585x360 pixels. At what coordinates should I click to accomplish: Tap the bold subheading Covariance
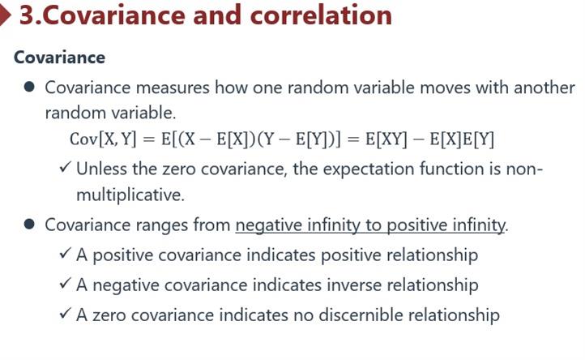click(x=59, y=58)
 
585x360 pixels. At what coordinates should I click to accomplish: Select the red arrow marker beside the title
click(x=5, y=15)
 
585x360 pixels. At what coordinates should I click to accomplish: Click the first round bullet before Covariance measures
click(x=29, y=88)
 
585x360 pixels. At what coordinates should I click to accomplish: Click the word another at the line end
click(x=544, y=88)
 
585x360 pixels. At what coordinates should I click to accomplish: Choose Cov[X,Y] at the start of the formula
click(x=103, y=139)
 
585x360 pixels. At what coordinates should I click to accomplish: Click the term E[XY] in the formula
click(x=386, y=139)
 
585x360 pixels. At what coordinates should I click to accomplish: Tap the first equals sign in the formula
click(x=148, y=139)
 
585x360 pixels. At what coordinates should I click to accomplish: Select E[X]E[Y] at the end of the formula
click(x=462, y=139)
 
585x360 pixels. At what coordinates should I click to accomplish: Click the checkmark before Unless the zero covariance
click(x=65, y=167)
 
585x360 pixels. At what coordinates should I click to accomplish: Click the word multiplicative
click(x=130, y=195)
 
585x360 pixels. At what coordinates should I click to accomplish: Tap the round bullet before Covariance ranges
click(x=29, y=225)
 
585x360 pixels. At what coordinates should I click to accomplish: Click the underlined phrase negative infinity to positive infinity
click(x=370, y=225)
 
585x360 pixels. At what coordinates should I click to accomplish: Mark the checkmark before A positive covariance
click(x=65, y=254)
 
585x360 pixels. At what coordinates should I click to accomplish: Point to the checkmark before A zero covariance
click(x=65, y=313)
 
